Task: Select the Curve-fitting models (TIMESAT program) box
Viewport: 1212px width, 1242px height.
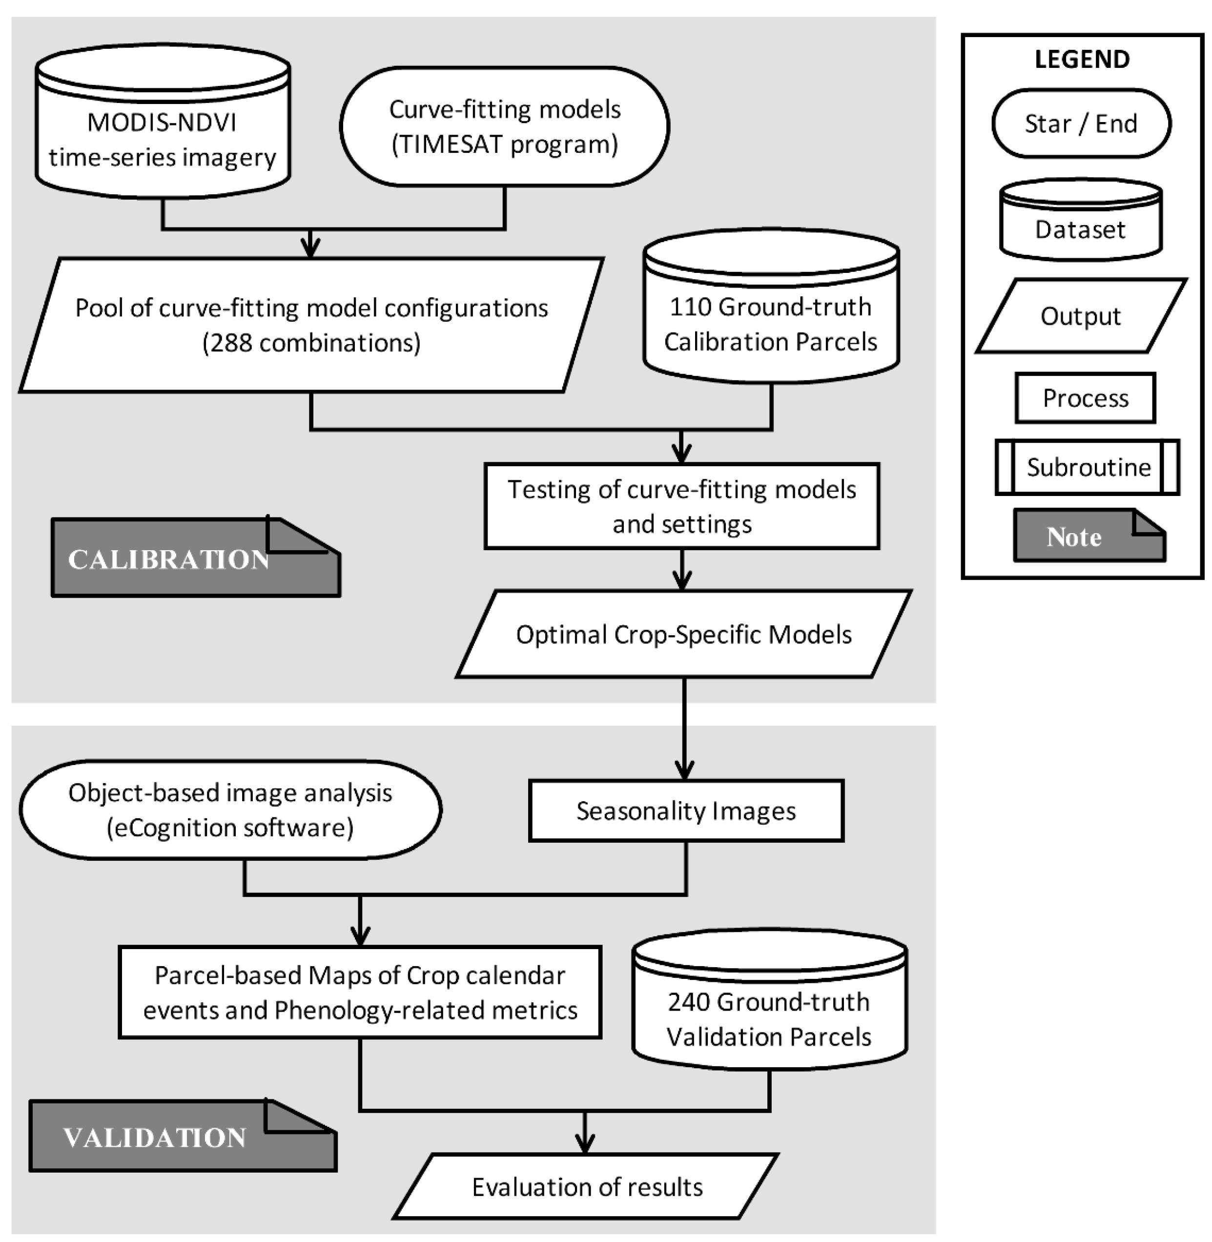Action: click(504, 126)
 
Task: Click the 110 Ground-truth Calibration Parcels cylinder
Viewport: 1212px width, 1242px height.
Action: click(771, 312)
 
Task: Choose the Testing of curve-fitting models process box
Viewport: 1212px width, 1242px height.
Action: click(682, 506)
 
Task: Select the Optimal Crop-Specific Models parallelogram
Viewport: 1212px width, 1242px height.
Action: click(684, 634)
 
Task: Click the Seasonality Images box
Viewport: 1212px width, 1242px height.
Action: click(686, 811)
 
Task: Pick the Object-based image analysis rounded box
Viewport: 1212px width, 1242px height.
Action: click(230, 810)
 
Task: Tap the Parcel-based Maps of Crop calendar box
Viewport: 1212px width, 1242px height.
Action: click(360, 993)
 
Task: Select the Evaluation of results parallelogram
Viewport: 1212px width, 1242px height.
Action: click(586, 1187)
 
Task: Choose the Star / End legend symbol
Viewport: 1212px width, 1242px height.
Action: click(1081, 124)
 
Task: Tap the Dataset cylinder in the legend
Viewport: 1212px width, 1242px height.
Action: click(1080, 223)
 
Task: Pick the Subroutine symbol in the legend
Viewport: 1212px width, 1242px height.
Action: click(1087, 467)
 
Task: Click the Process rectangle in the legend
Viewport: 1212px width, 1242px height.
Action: click(1085, 398)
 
